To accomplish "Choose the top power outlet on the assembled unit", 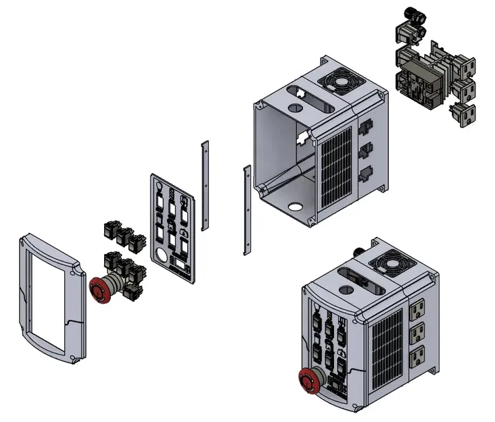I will tap(416, 311).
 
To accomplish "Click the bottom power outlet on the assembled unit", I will tap(417, 353).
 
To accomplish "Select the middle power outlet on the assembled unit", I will tap(417, 332).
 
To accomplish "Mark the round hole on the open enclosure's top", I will tap(295, 107).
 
